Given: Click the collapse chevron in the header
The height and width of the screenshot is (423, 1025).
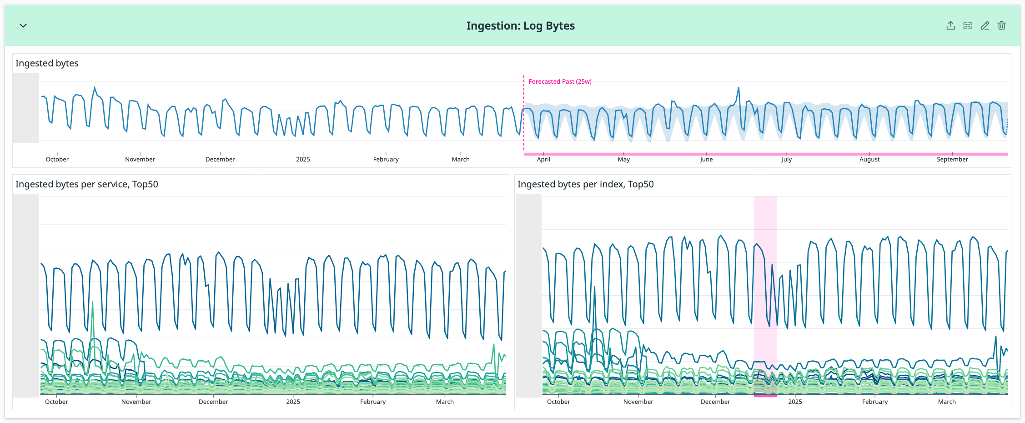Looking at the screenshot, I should pyautogui.click(x=23, y=25).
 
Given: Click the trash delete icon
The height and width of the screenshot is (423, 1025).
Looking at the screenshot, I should pyautogui.click(x=1001, y=25).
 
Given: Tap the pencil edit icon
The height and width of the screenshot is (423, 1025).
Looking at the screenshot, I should pyautogui.click(x=985, y=25).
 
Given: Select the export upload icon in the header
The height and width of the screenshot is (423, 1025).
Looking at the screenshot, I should pyautogui.click(x=950, y=25).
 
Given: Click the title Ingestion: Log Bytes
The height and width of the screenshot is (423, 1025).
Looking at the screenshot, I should pyautogui.click(x=520, y=26).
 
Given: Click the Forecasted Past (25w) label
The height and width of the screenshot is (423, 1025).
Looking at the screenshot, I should pyautogui.click(x=560, y=81).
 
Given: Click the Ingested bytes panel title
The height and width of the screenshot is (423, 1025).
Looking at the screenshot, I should pyautogui.click(x=47, y=63).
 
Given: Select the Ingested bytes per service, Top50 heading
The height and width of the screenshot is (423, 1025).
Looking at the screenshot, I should pyautogui.click(x=87, y=184).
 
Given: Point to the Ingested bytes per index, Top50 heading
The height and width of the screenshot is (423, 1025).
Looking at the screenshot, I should pyautogui.click(x=585, y=184).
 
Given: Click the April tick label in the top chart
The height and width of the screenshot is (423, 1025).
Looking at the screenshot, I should pyautogui.click(x=543, y=159).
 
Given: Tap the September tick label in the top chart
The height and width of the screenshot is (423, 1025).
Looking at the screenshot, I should pyautogui.click(x=952, y=159).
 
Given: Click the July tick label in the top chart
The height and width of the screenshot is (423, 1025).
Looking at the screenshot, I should pyautogui.click(x=786, y=159).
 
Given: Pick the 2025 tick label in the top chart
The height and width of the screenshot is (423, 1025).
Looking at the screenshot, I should pyautogui.click(x=303, y=159).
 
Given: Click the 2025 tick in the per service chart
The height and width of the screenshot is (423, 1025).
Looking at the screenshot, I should pyautogui.click(x=293, y=402).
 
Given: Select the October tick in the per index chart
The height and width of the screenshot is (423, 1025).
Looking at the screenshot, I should pyautogui.click(x=558, y=402).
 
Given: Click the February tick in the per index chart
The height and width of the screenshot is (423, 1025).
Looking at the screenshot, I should pyautogui.click(x=874, y=402).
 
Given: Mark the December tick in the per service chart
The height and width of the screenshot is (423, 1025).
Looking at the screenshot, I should pyautogui.click(x=213, y=402).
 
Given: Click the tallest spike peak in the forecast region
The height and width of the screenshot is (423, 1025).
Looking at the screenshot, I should pyautogui.click(x=739, y=88).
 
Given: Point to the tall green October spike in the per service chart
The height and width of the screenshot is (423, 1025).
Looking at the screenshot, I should pyautogui.click(x=93, y=302).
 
